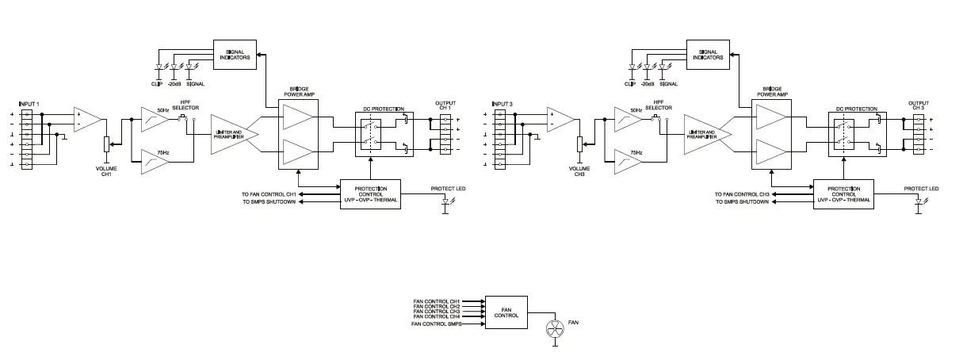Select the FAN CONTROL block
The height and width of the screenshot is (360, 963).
[506, 312]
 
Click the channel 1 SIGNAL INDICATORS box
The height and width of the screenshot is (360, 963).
[234, 55]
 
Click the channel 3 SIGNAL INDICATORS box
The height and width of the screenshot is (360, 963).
[708, 55]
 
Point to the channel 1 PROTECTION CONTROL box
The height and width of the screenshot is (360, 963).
[370, 194]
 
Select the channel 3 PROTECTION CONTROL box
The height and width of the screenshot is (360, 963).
[844, 194]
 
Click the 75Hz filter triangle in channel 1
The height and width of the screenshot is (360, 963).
[155, 161]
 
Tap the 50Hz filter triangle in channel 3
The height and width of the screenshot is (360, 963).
[629, 121]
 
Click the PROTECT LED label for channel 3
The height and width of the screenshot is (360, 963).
[922, 189]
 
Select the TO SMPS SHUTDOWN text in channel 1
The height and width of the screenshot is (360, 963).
[269, 202]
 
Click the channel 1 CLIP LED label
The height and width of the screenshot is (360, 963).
[156, 83]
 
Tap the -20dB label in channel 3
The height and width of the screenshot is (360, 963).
[647, 83]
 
